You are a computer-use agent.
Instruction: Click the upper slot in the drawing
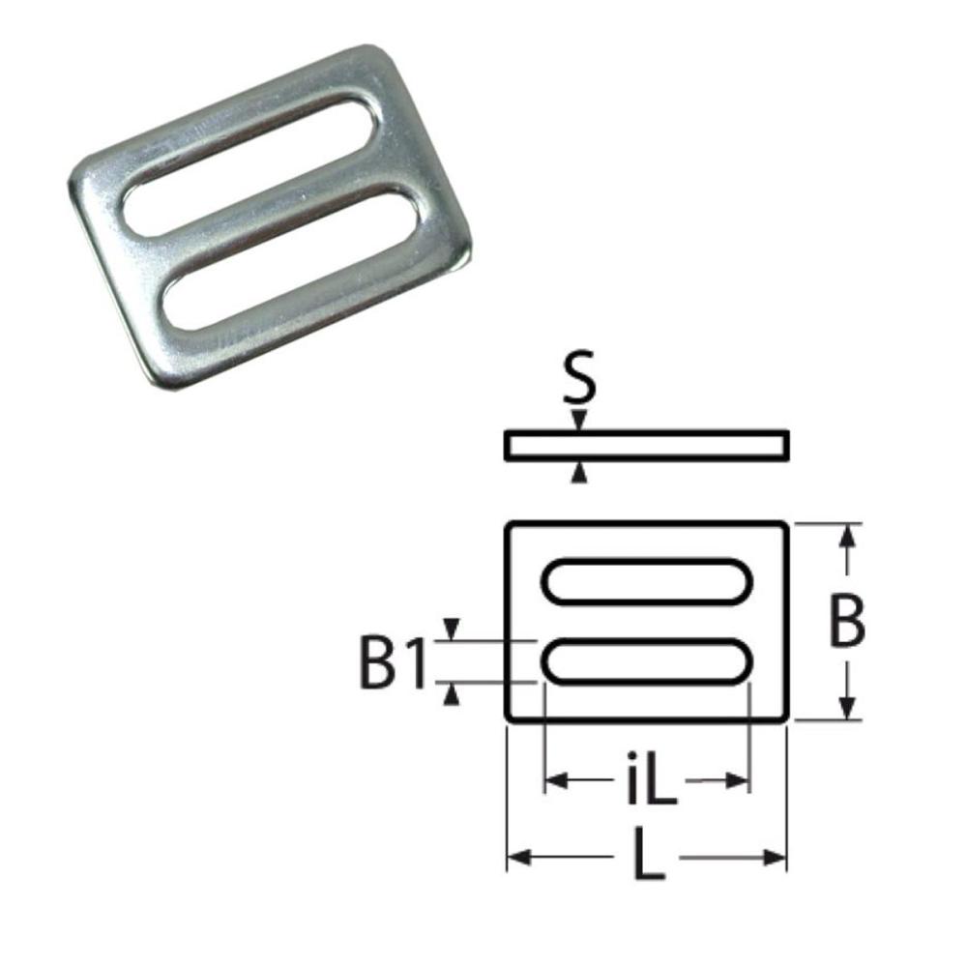pyautogui.click(x=647, y=582)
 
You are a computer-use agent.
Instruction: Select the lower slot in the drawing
pyautogui.click(x=647, y=662)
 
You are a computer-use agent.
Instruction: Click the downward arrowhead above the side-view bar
pyautogui.click(x=579, y=421)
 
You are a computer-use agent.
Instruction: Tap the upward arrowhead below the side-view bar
pyautogui.click(x=579, y=471)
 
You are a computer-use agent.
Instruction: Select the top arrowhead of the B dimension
pyautogui.click(x=847, y=535)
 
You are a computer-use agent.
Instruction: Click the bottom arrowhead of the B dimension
pyautogui.click(x=847, y=710)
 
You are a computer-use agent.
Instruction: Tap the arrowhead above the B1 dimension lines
pyautogui.click(x=451, y=629)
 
